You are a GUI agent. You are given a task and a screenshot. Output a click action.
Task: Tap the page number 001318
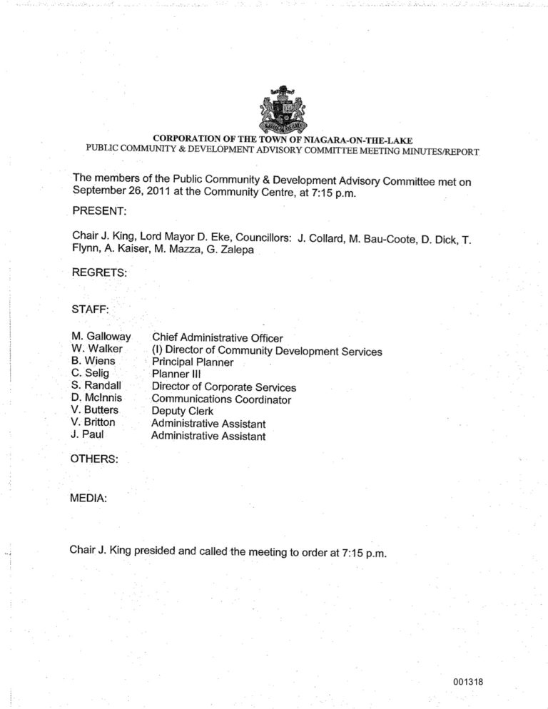[x=468, y=682]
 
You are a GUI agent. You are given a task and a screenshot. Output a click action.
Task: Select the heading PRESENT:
[x=99, y=212]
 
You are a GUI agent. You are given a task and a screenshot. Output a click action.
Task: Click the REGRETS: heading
[x=99, y=272]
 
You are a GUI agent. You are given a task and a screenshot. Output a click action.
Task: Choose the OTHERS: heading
[x=95, y=459]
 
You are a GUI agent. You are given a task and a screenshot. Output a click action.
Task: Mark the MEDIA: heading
[x=88, y=499]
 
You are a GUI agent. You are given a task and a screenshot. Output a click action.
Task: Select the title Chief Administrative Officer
[x=218, y=338]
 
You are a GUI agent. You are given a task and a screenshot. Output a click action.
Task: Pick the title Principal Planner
[x=193, y=362]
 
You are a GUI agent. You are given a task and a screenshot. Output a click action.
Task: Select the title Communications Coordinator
[x=221, y=399]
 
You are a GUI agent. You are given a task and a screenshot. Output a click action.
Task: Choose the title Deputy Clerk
[x=183, y=412]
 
